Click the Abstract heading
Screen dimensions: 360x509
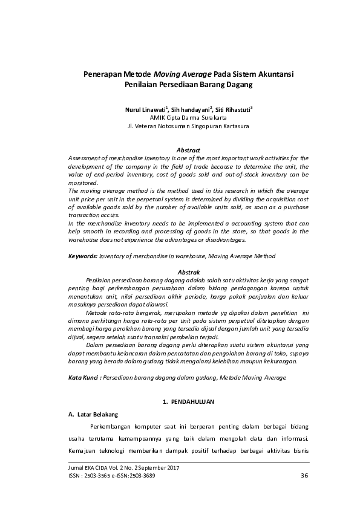tap(188, 150)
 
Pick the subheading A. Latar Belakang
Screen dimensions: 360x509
tap(93, 414)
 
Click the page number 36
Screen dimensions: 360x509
tap(305, 476)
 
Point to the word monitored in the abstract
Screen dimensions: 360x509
tap(83, 183)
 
